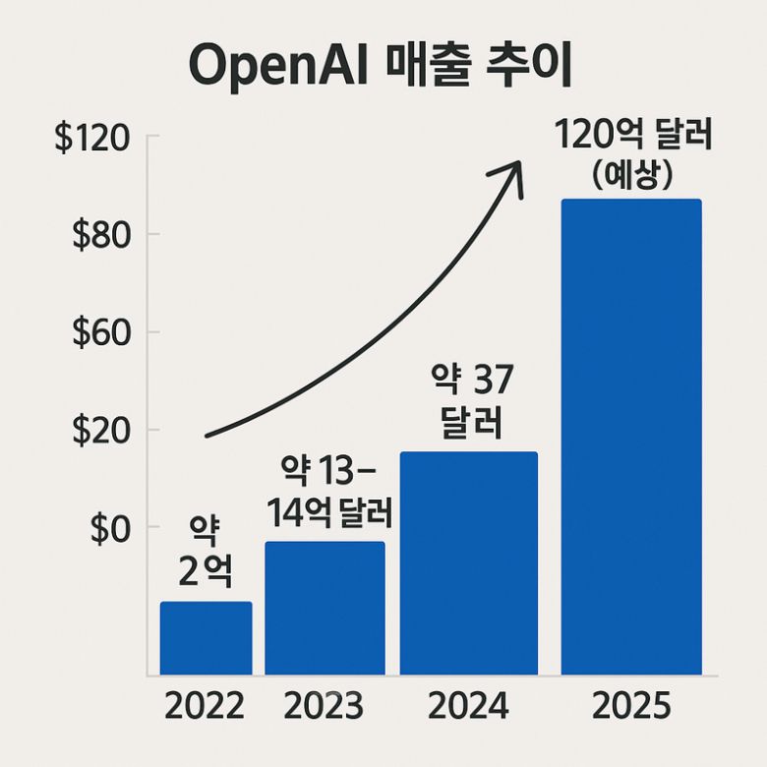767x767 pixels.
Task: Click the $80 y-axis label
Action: pyautogui.click(x=103, y=236)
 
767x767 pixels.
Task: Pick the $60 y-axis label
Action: pyautogui.click(x=103, y=333)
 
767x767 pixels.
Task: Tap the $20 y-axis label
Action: pyautogui.click(x=103, y=431)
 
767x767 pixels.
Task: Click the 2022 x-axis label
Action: pyautogui.click(x=205, y=706)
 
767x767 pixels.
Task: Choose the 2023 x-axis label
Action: pyautogui.click(x=324, y=706)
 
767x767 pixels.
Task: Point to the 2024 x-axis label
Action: pyautogui.click(x=468, y=706)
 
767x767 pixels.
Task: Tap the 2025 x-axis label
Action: pyautogui.click(x=630, y=706)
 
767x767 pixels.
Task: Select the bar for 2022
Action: pyautogui.click(x=206, y=638)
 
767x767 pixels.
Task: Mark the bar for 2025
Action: pyautogui.click(x=630, y=437)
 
